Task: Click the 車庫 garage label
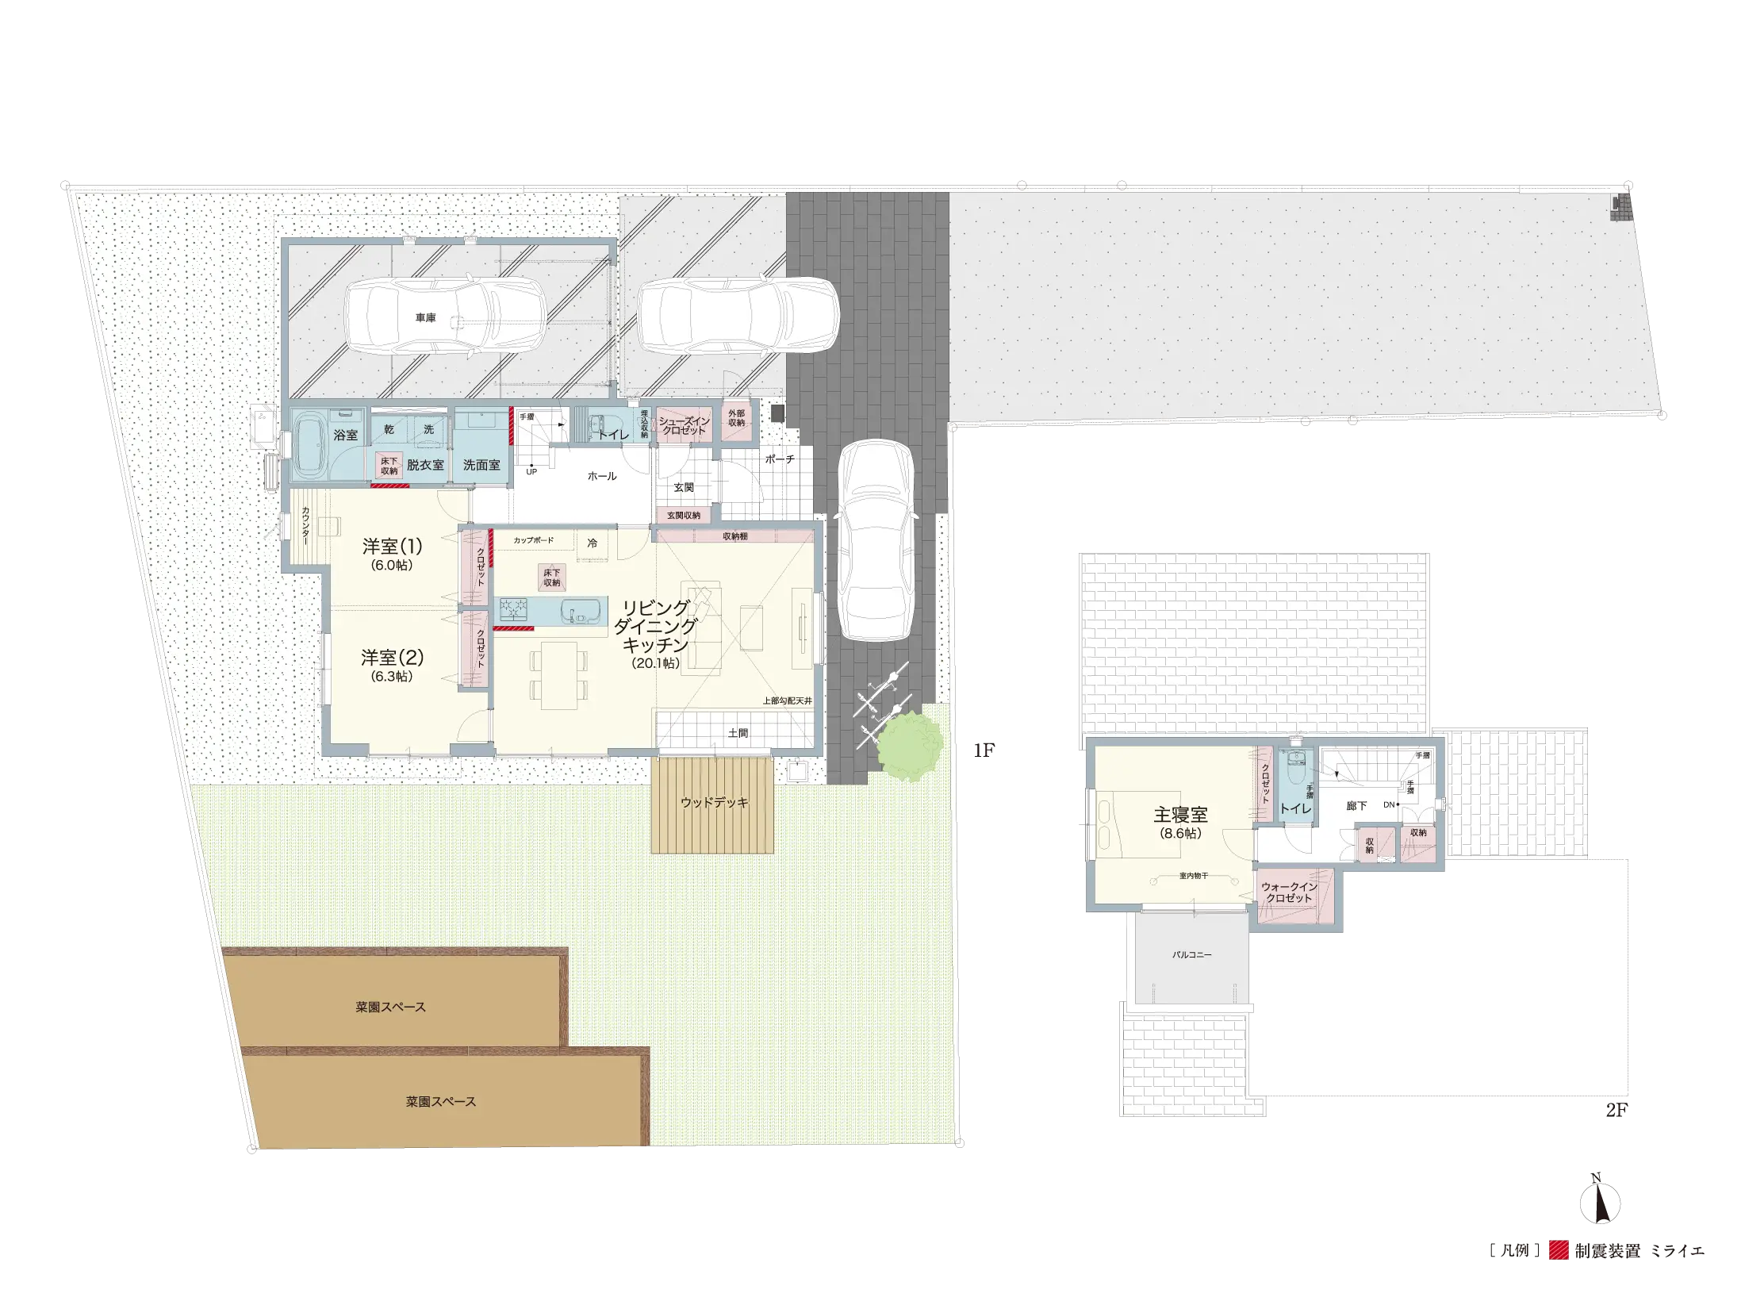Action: (x=425, y=317)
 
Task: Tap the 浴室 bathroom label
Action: (x=346, y=435)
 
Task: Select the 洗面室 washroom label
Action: (x=481, y=465)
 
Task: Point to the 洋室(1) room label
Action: (x=392, y=546)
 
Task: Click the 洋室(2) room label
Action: (x=392, y=657)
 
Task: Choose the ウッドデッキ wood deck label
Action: (x=714, y=802)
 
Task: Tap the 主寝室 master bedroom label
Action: (x=1180, y=814)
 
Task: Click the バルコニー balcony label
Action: (x=1191, y=954)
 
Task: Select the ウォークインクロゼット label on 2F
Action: (x=1289, y=892)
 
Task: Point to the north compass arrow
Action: (x=1600, y=1203)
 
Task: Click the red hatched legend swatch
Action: (x=1559, y=1250)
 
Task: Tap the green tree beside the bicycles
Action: (x=911, y=746)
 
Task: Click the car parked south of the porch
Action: (x=876, y=539)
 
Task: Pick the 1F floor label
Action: (x=984, y=750)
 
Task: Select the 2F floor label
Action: (x=1617, y=1110)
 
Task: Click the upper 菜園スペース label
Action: (x=390, y=1007)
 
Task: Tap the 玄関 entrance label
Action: (x=684, y=487)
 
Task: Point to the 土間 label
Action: (x=738, y=733)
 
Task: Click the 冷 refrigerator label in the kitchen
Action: (x=592, y=543)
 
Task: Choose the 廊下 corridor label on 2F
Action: (x=1356, y=805)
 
